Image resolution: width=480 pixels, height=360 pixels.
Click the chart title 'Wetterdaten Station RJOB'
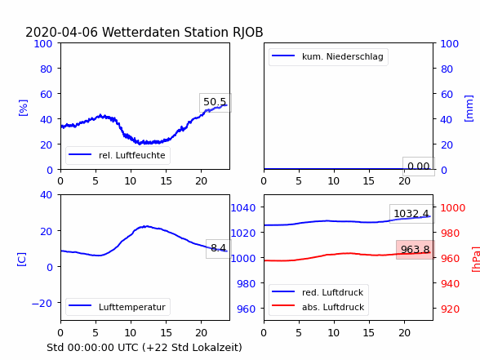click(183, 32)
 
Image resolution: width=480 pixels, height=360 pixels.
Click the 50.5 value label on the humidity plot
click(215, 102)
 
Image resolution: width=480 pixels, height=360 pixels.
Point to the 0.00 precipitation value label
click(419, 167)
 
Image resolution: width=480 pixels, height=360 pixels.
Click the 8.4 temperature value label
click(218, 247)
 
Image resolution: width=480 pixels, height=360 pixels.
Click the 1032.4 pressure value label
click(411, 213)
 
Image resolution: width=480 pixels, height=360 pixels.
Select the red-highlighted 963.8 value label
click(416, 250)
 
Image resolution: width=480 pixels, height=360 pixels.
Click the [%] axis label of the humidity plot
click(23, 108)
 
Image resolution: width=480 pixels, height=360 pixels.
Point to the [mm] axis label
click(469, 109)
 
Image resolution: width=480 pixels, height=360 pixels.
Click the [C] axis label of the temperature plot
click(22, 260)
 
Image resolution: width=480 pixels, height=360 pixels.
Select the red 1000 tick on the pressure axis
click(453, 208)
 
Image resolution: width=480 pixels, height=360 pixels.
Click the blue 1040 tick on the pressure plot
click(243, 208)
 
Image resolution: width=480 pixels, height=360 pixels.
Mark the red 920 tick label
click(450, 309)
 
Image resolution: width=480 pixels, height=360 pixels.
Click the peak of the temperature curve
click(146, 226)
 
